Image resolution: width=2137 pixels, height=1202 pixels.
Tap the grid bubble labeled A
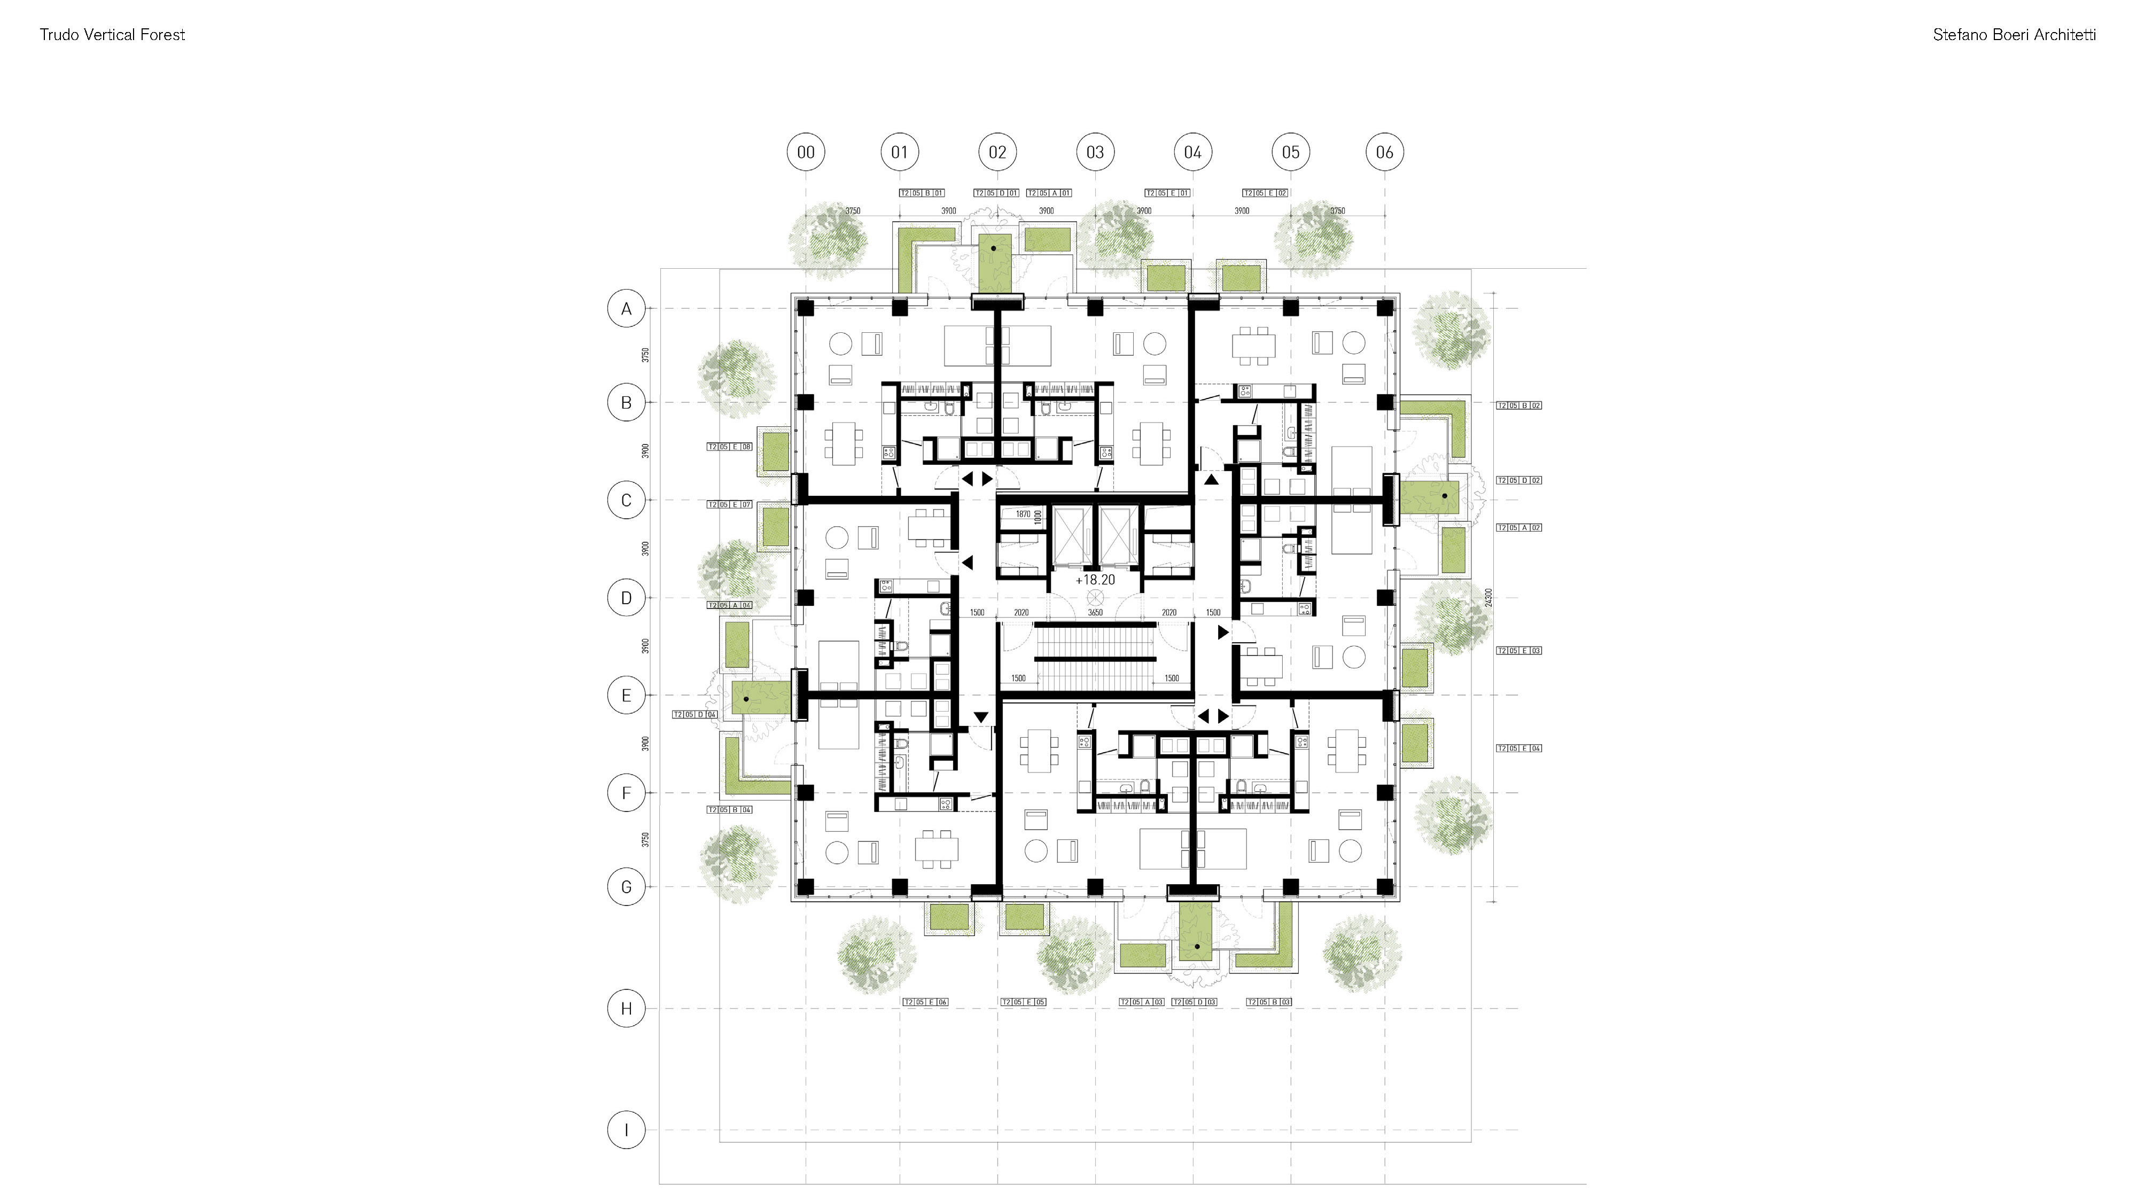(x=626, y=309)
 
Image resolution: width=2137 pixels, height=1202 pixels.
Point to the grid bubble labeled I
(x=626, y=1130)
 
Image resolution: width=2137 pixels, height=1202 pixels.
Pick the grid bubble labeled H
(x=626, y=1009)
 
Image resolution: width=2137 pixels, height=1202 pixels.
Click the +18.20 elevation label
(x=1095, y=580)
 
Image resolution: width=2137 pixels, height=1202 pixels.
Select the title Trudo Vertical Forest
(x=112, y=35)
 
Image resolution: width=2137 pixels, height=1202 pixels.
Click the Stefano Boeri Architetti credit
(x=2014, y=35)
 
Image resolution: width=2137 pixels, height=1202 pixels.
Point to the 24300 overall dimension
(x=1489, y=597)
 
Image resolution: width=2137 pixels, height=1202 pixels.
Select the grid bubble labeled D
(x=626, y=597)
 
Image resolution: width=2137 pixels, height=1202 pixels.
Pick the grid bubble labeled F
(x=626, y=793)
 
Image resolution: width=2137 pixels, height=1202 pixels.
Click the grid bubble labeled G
(x=626, y=887)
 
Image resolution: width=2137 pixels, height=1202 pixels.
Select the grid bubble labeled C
(x=626, y=500)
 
